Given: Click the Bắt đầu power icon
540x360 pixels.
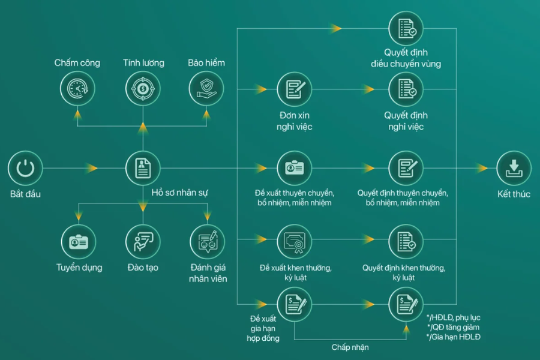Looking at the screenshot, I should [25, 168].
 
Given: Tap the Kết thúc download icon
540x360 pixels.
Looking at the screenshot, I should [514, 168].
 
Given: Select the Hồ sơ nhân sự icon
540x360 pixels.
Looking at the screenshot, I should [143, 168].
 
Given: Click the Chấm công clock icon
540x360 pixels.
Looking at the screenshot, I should [77, 89].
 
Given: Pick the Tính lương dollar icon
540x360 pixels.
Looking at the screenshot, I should [143, 89].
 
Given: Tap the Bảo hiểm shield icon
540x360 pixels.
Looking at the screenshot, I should [206, 89].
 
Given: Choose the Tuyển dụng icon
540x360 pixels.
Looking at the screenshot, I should [79, 242].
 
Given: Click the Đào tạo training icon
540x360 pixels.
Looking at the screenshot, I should [143, 242].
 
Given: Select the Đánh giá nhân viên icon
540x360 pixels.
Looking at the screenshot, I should [207, 242].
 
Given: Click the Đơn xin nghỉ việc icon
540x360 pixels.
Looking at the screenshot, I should [294, 89].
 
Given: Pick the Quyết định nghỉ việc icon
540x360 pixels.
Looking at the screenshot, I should [406, 89].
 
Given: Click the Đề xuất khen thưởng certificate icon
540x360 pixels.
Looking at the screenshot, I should [294, 242].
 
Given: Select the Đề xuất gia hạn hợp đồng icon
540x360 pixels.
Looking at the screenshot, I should [294, 304].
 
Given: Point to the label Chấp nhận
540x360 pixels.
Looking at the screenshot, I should [350, 347].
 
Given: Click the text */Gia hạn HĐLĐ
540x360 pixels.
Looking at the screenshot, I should [454, 337].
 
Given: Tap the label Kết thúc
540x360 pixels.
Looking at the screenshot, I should [514, 194].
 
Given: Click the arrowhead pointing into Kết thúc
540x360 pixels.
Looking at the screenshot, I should [482, 168].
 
